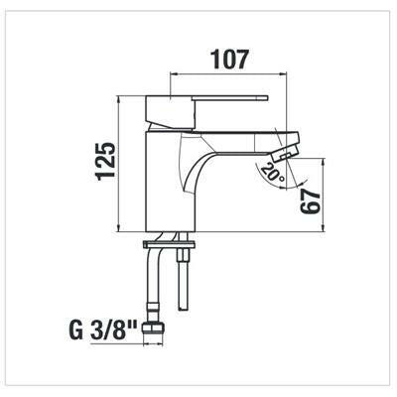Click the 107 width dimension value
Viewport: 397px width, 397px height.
[x=229, y=60]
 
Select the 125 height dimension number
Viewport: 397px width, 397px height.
[x=106, y=162]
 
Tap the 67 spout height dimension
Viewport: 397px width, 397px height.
[x=311, y=202]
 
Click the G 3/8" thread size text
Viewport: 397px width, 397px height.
[x=103, y=330]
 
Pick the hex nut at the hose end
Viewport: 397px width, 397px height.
[x=153, y=329]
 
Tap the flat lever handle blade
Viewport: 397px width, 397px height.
[x=232, y=98]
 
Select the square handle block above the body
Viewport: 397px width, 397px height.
[x=171, y=111]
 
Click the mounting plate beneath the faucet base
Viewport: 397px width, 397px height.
[x=169, y=245]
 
